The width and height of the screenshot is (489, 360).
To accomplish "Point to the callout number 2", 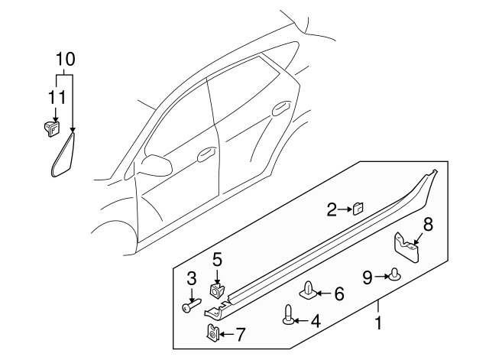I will click(331, 209).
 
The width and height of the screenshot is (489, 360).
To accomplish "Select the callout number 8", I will click(428, 224).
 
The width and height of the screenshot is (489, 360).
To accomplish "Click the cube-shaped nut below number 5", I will click(217, 290).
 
